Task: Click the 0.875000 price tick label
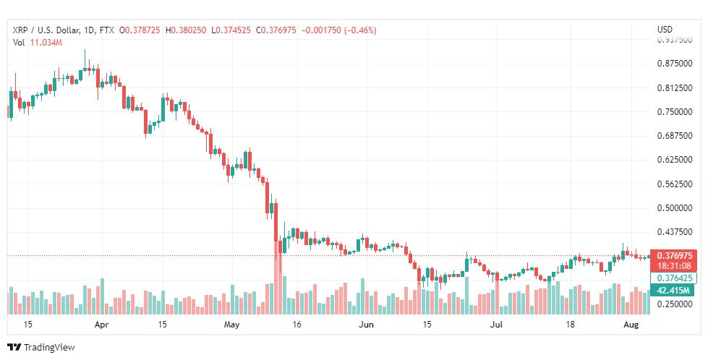(675, 64)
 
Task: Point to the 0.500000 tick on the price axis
(675, 208)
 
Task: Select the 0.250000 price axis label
(675, 304)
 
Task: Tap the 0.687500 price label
(675, 136)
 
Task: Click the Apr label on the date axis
(102, 325)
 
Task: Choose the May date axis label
(231, 325)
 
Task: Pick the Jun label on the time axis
(366, 325)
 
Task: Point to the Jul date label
(497, 325)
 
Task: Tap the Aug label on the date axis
(631, 325)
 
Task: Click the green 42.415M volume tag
(673, 290)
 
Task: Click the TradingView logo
(41, 348)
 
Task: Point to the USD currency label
(664, 30)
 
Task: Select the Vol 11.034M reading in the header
(38, 43)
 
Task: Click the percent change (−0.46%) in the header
(360, 30)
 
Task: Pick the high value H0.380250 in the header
(186, 30)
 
